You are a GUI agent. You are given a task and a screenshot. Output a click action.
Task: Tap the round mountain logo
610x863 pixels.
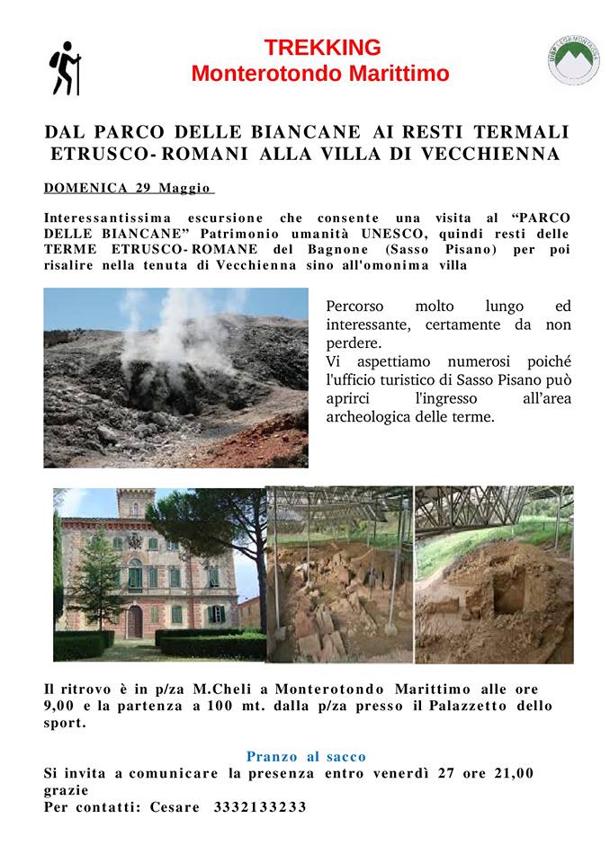point(573,60)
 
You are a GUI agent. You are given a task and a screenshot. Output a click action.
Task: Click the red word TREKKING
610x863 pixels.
point(322,48)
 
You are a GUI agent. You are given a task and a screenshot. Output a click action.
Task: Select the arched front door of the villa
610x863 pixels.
point(134,620)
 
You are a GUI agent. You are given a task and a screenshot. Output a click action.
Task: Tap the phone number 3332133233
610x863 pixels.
point(260,806)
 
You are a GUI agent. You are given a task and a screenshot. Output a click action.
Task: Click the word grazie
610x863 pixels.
point(66,790)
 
